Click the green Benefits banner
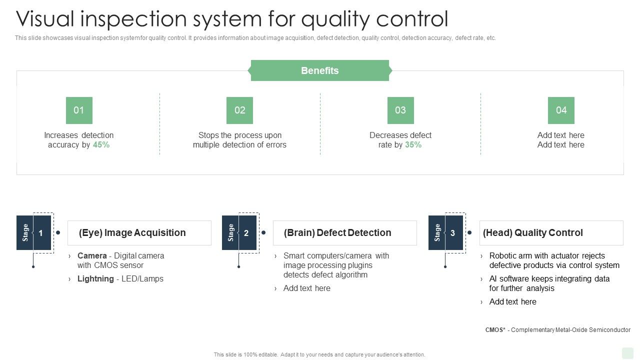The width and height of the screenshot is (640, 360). click(319, 70)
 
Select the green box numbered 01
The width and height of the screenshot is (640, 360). click(79, 110)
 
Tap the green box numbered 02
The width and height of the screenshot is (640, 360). click(239, 110)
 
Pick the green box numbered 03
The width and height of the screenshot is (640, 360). click(400, 110)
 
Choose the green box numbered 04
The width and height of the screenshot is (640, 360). click(561, 110)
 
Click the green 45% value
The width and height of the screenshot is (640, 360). click(101, 145)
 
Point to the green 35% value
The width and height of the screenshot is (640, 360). click(413, 145)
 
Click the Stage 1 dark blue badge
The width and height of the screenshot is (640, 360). click(34, 233)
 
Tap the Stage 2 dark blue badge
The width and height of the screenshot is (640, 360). click(239, 233)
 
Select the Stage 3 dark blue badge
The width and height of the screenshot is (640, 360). click(446, 233)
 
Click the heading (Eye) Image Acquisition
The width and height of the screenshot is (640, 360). click(132, 233)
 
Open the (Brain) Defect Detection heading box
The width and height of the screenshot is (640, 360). click(337, 233)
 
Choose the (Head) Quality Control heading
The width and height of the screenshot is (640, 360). click(533, 233)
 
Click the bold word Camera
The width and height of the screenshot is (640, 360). click(92, 255)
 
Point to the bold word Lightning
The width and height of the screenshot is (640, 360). click(95, 279)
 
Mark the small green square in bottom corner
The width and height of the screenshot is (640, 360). click(627, 353)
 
